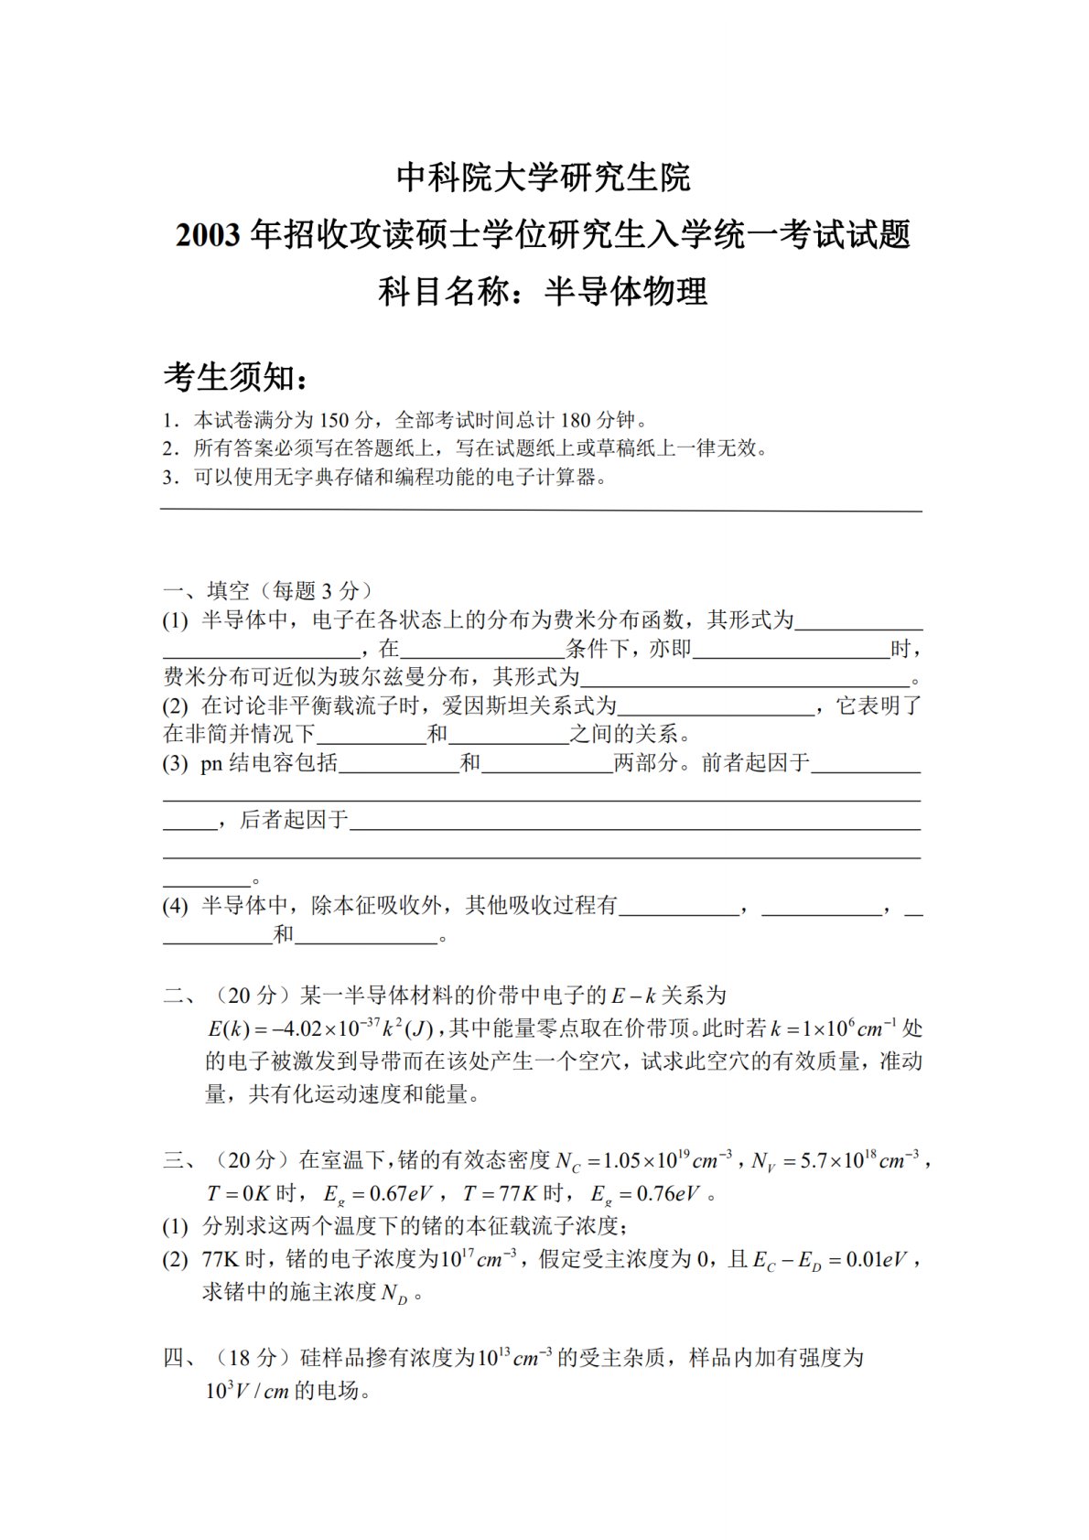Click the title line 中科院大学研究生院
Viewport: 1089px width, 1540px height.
(x=544, y=177)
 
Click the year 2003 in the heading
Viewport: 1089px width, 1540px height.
(x=210, y=236)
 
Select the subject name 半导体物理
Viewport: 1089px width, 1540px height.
(x=626, y=292)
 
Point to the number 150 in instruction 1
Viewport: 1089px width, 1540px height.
(x=335, y=421)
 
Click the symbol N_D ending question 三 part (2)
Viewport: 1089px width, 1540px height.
(x=395, y=1293)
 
